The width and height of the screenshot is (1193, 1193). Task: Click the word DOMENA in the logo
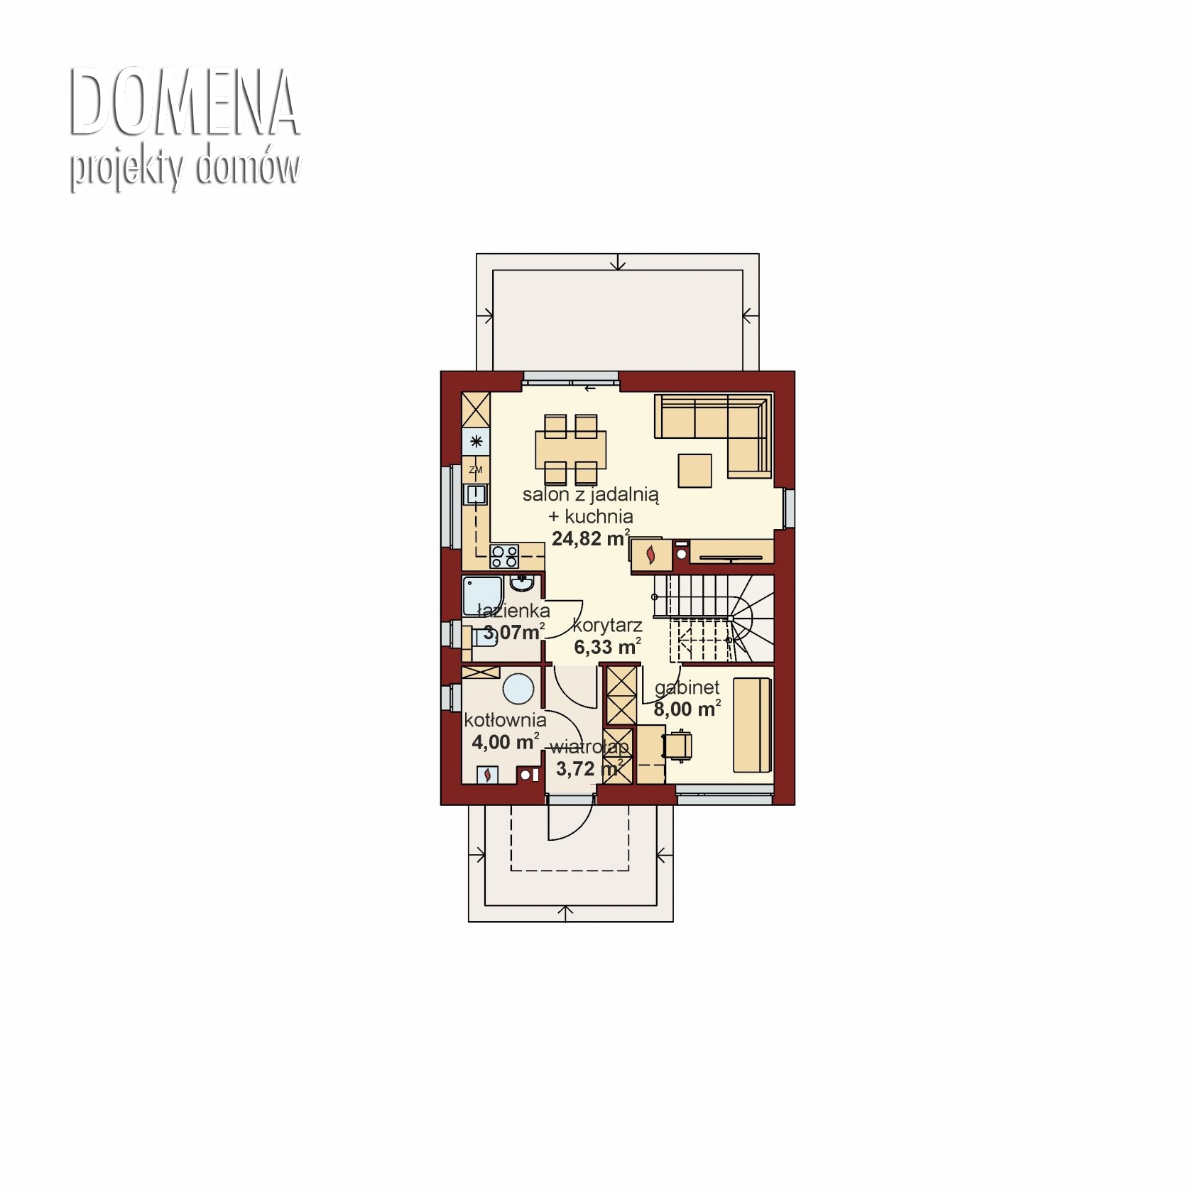184,102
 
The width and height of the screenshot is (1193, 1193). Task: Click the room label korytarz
607,625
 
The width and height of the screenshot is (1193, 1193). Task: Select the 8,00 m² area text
687,708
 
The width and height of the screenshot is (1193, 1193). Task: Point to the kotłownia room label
505,719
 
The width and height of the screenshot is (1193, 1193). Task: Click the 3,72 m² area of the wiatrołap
589,768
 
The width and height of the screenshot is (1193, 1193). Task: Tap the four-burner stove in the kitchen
505,555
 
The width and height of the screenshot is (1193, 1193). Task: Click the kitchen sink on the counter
475,494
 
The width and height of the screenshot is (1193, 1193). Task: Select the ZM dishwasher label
476,469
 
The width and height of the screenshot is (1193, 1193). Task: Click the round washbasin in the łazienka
522,584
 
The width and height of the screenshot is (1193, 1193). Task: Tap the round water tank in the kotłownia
518,689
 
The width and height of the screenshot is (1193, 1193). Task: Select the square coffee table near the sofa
694,471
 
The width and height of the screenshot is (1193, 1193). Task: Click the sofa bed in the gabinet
752,724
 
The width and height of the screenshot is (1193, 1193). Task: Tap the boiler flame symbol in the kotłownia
488,775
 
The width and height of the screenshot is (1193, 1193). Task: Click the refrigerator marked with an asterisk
476,442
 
